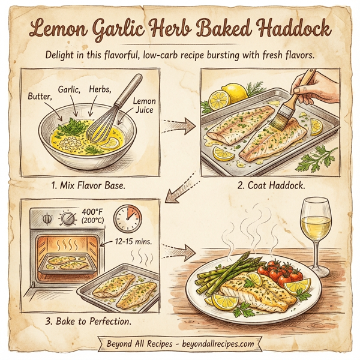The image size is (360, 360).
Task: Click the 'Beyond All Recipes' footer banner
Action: coord(179,344)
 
